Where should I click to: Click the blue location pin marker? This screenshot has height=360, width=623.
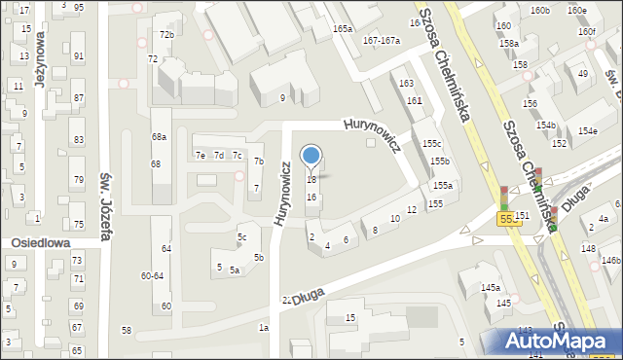coord(311,156)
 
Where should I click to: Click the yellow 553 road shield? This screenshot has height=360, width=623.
coord(511,220)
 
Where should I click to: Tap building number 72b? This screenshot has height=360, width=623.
coord(166,35)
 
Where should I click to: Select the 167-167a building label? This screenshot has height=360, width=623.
coord(381,40)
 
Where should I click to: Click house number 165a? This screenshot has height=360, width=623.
coord(342,30)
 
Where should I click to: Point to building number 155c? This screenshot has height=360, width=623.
coord(431,143)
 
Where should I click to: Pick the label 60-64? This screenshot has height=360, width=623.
coord(153,275)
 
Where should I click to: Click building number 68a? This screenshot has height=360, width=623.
coord(159,137)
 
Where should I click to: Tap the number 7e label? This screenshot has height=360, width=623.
coord(200,156)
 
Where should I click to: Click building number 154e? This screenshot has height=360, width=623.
coord(587,130)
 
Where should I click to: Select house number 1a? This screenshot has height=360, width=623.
coord(263,328)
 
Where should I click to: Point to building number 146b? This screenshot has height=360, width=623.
coord(610,261)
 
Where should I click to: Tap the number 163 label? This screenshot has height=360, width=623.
coord(407,84)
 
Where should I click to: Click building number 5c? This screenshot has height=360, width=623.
coord(242,237)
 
